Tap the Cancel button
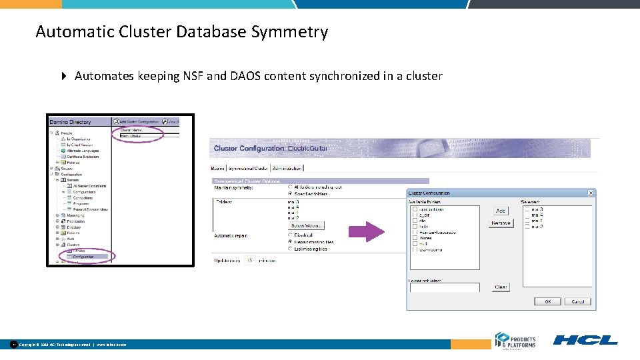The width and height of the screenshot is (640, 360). click(x=577, y=301)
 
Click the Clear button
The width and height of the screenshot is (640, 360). click(x=501, y=287)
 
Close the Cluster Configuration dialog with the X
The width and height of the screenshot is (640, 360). click(x=590, y=193)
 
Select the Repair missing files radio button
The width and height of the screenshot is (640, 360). click(x=290, y=241)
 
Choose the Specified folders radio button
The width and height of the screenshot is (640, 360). click(x=290, y=193)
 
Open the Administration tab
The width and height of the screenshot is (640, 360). click(x=287, y=168)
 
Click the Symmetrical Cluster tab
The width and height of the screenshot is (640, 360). click(x=248, y=168)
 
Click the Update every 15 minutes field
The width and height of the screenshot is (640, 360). click(x=250, y=260)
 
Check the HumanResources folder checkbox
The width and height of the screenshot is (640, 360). click(x=415, y=232)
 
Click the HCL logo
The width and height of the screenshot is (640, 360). click(x=585, y=340)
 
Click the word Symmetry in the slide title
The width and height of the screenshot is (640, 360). click(x=297, y=31)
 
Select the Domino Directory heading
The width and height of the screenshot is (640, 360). click(x=70, y=122)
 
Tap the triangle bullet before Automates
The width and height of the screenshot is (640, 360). click(x=64, y=76)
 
